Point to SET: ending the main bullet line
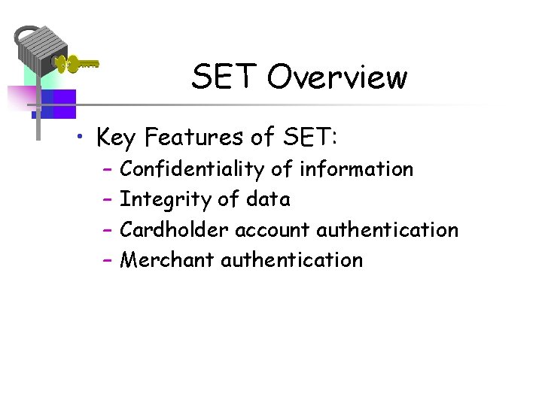pos(311,138)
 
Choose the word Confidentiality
pos(192,170)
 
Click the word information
pos(356,170)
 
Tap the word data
pos(269,200)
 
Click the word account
pos(273,230)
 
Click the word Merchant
pos(167,260)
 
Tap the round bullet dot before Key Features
pos(89,138)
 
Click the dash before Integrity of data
pos(106,201)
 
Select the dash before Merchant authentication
pos(106,261)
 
